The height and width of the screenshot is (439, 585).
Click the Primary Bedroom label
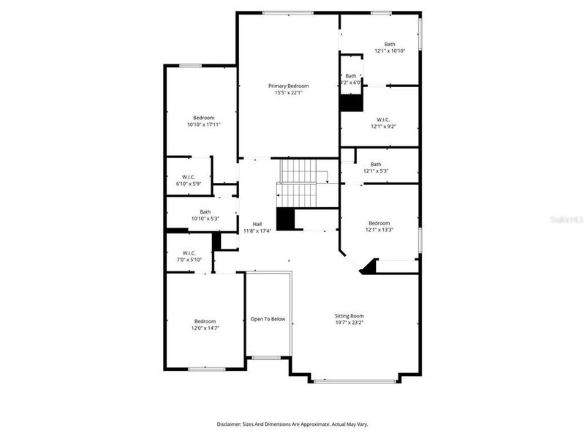tap(288, 86)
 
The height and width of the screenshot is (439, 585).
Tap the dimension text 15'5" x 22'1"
tap(288, 93)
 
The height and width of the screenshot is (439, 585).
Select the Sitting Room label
tap(349, 316)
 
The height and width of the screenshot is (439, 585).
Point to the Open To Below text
tap(268, 319)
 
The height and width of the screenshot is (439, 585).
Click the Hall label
tap(257, 224)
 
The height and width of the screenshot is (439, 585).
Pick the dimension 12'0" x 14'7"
tap(205, 329)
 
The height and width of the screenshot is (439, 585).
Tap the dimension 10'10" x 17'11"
tap(203, 125)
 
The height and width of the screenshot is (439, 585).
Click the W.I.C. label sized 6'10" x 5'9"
tap(188, 176)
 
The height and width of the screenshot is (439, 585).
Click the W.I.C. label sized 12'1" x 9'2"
tap(383, 119)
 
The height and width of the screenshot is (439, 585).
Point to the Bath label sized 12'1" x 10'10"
tap(390, 44)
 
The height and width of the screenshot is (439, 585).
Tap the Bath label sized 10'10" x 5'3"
tap(205, 211)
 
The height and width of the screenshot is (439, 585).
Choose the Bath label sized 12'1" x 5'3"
tap(376, 164)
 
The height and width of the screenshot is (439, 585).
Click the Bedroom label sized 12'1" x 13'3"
tap(379, 223)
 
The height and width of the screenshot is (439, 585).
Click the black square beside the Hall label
tap(284, 219)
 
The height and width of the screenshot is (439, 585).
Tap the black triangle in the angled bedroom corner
tap(370, 268)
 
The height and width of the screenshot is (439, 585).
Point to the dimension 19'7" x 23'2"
tap(349, 323)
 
